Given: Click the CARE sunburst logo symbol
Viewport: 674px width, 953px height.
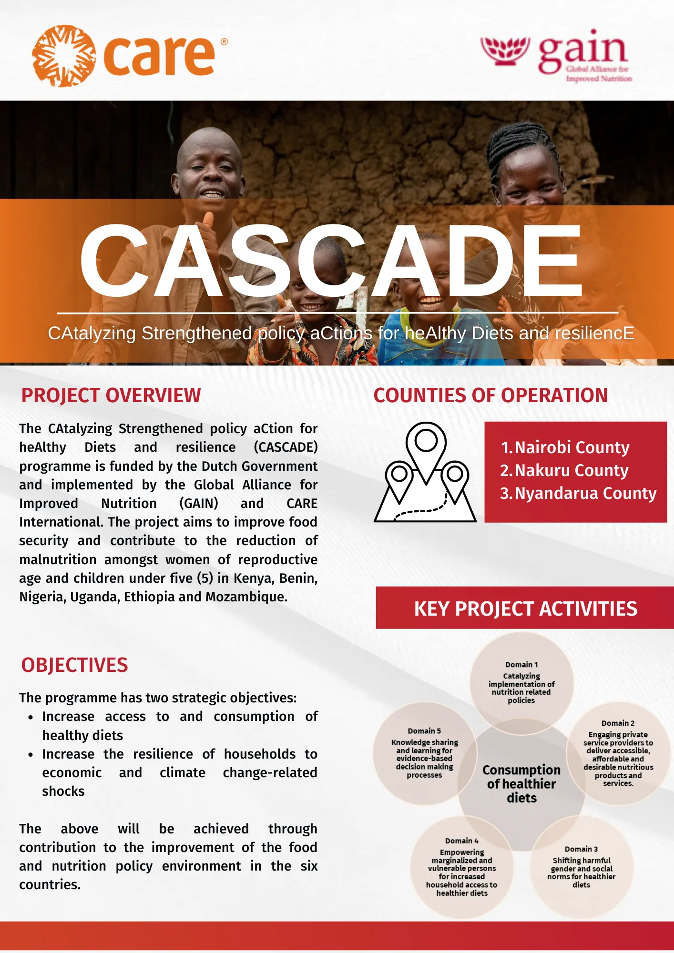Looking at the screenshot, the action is pos(63,56).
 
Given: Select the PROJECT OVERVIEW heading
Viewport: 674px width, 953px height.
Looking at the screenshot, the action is pos(111,395).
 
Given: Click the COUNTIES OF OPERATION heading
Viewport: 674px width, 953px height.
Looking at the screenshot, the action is pos(490,395).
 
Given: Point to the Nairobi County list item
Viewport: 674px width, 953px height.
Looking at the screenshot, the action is pos(565,447).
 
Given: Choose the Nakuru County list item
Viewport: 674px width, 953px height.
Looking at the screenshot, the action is pos(564,470).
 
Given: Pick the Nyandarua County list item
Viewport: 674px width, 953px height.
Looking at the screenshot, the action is pos(578,493).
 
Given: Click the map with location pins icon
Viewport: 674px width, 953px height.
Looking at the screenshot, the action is pos(425,472).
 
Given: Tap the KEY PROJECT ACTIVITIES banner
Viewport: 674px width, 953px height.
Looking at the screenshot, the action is pos(525,608).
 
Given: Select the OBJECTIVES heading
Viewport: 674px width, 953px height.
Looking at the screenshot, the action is pos(74,665).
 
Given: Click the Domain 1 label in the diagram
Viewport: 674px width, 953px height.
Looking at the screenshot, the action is pos(521,665).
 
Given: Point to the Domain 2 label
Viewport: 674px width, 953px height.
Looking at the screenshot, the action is pos(618,723).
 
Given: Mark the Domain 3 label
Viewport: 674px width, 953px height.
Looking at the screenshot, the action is pos(581,849).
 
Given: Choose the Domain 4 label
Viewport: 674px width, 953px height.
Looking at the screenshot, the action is pos(461,841).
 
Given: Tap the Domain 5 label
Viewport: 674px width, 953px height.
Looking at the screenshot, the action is pos(424,731).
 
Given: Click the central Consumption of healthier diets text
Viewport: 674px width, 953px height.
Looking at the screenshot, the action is pos(521,784).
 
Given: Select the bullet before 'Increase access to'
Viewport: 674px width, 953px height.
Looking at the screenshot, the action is pos(31,717).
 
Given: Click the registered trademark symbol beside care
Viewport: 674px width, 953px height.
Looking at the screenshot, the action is pos(224,42).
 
